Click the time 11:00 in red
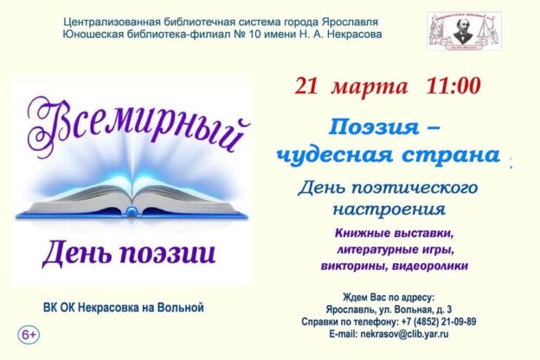(453, 87)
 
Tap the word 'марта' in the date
(373, 87)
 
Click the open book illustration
(131, 201)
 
